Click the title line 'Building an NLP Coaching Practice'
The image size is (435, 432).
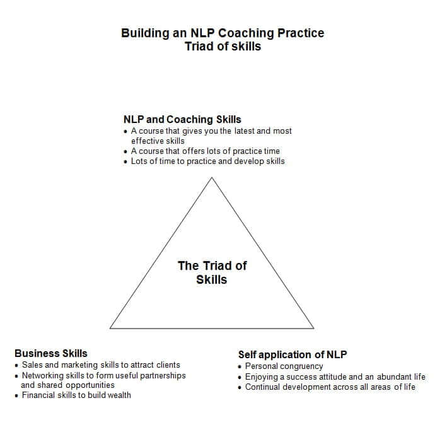click(223, 33)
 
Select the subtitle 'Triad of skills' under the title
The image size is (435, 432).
click(223, 46)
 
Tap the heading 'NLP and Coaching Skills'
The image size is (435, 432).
click(182, 119)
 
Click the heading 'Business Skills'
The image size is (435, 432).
click(51, 353)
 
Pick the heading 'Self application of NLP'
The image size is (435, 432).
click(293, 354)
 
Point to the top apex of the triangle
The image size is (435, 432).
click(212, 178)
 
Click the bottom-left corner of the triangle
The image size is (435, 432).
click(110, 328)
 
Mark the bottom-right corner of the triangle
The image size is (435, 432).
click(313, 328)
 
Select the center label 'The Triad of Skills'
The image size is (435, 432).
click(212, 272)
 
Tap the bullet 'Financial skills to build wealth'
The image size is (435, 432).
click(76, 395)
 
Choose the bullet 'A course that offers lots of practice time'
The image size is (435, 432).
click(205, 151)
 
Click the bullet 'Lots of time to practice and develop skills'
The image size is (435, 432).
click(207, 161)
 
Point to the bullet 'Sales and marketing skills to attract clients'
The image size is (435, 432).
click(101, 365)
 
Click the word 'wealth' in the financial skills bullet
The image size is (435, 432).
click(119, 395)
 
